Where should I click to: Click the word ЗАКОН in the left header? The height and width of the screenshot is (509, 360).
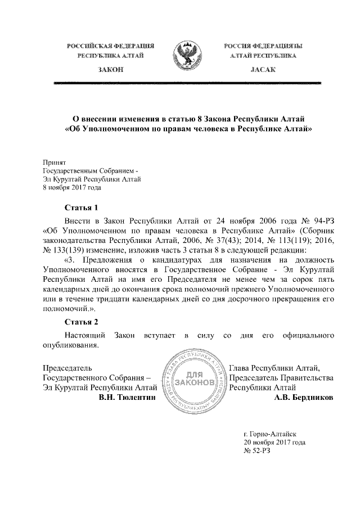(x=111, y=69)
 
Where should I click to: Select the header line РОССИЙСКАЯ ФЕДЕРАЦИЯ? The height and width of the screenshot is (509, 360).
(x=111, y=45)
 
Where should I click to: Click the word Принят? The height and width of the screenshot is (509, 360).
(x=55, y=161)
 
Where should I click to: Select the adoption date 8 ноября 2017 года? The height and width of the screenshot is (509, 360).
(x=72, y=188)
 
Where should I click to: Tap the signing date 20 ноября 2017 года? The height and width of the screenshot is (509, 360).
(x=274, y=443)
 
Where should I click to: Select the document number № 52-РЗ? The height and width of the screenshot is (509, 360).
(x=256, y=452)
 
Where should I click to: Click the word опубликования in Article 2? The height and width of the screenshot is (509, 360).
(x=71, y=345)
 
